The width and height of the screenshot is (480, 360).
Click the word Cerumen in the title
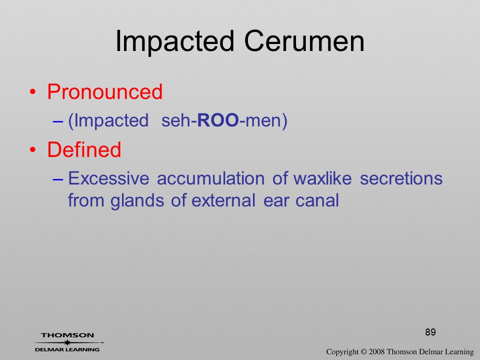pos(304,41)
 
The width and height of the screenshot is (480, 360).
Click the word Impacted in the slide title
pos(175,42)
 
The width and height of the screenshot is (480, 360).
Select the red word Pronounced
pos(104,91)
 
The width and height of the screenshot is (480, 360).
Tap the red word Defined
pos(84,149)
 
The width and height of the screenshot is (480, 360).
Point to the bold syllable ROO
pos(218,120)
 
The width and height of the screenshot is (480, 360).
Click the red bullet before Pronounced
pos(33,92)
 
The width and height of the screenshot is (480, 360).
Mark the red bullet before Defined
pos(33,149)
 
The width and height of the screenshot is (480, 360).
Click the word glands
pos(137,201)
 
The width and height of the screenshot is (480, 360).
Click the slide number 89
pos(430,332)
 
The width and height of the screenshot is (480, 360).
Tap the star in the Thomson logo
pos(67,342)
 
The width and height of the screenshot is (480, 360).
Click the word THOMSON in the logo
pos(67,335)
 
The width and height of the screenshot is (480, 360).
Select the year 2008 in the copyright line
pos(377,351)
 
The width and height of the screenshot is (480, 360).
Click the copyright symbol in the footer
pos(363,352)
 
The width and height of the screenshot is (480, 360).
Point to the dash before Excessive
pos(57,179)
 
